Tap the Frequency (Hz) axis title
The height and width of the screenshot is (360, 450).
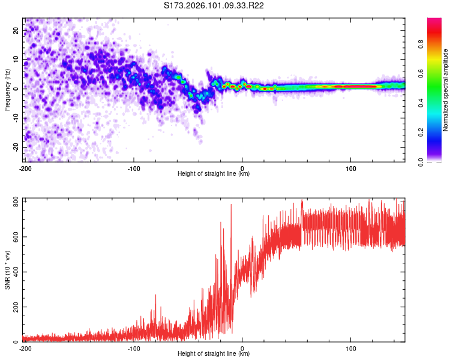(x=7, y=89)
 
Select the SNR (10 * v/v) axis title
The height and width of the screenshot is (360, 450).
(x=7, y=269)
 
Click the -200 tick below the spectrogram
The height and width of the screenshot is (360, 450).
(x=25, y=169)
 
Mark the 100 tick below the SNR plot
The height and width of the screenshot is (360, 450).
(x=351, y=349)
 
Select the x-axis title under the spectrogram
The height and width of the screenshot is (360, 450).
(x=214, y=174)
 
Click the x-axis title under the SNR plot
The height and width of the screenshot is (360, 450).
(x=214, y=354)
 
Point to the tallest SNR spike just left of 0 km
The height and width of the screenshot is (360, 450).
(x=231, y=205)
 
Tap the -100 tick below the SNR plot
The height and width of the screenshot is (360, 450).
(x=134, y=349)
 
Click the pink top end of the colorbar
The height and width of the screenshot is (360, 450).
(x=434, y=20)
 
